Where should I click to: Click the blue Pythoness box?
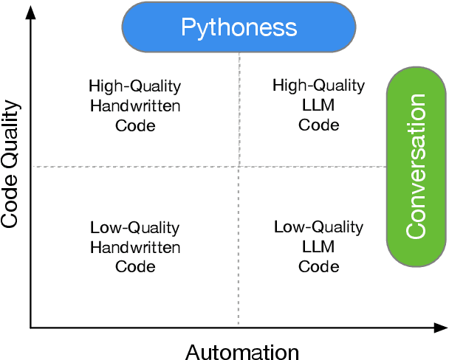pyautogui.click(x=239, y=28)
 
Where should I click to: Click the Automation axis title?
pyautogui.click(x=242, y=351)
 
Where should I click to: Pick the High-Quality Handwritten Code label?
pyautogui.click(x=135, y=105)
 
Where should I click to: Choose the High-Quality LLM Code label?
pyautogui.click(x=318, y=105)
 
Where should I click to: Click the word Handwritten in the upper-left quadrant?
pyautogui.click(x=135, y=105)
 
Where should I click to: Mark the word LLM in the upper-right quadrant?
pyautogui.click(x=318, y=105)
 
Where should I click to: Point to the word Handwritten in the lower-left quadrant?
pyautogui.click(x=135, y=247)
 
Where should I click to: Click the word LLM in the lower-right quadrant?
pyautogui.click(x=318, y=247)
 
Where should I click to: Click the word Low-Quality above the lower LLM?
pyautogui.click(x=318, y=227)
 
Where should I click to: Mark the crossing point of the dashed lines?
pyautogui.click(x=239, y=167)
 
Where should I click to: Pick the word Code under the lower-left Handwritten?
pyautogui.click(x=135, y=266)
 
